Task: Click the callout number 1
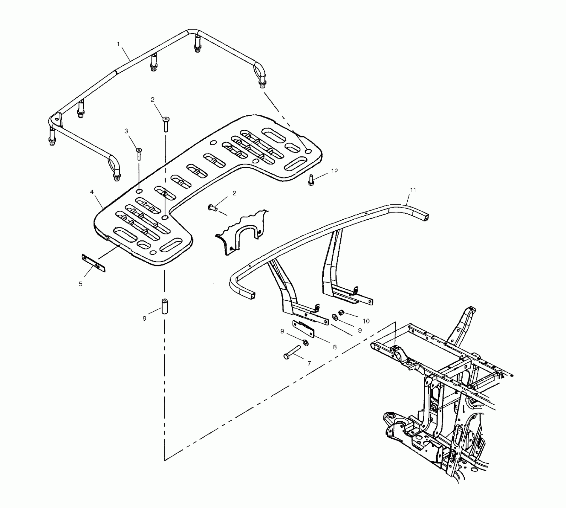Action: coord(118,44)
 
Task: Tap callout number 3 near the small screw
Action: coord(126,131)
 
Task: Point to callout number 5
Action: coord(80,284)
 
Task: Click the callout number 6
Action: coord(144,319)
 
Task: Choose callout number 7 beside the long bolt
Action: coord(309,363)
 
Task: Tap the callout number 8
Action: coord(335,347)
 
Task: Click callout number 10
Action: coord(366,321)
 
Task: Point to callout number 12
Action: coord(334,171)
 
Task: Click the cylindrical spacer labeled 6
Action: coord(164,306)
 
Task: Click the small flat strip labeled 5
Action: coord(93,264)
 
